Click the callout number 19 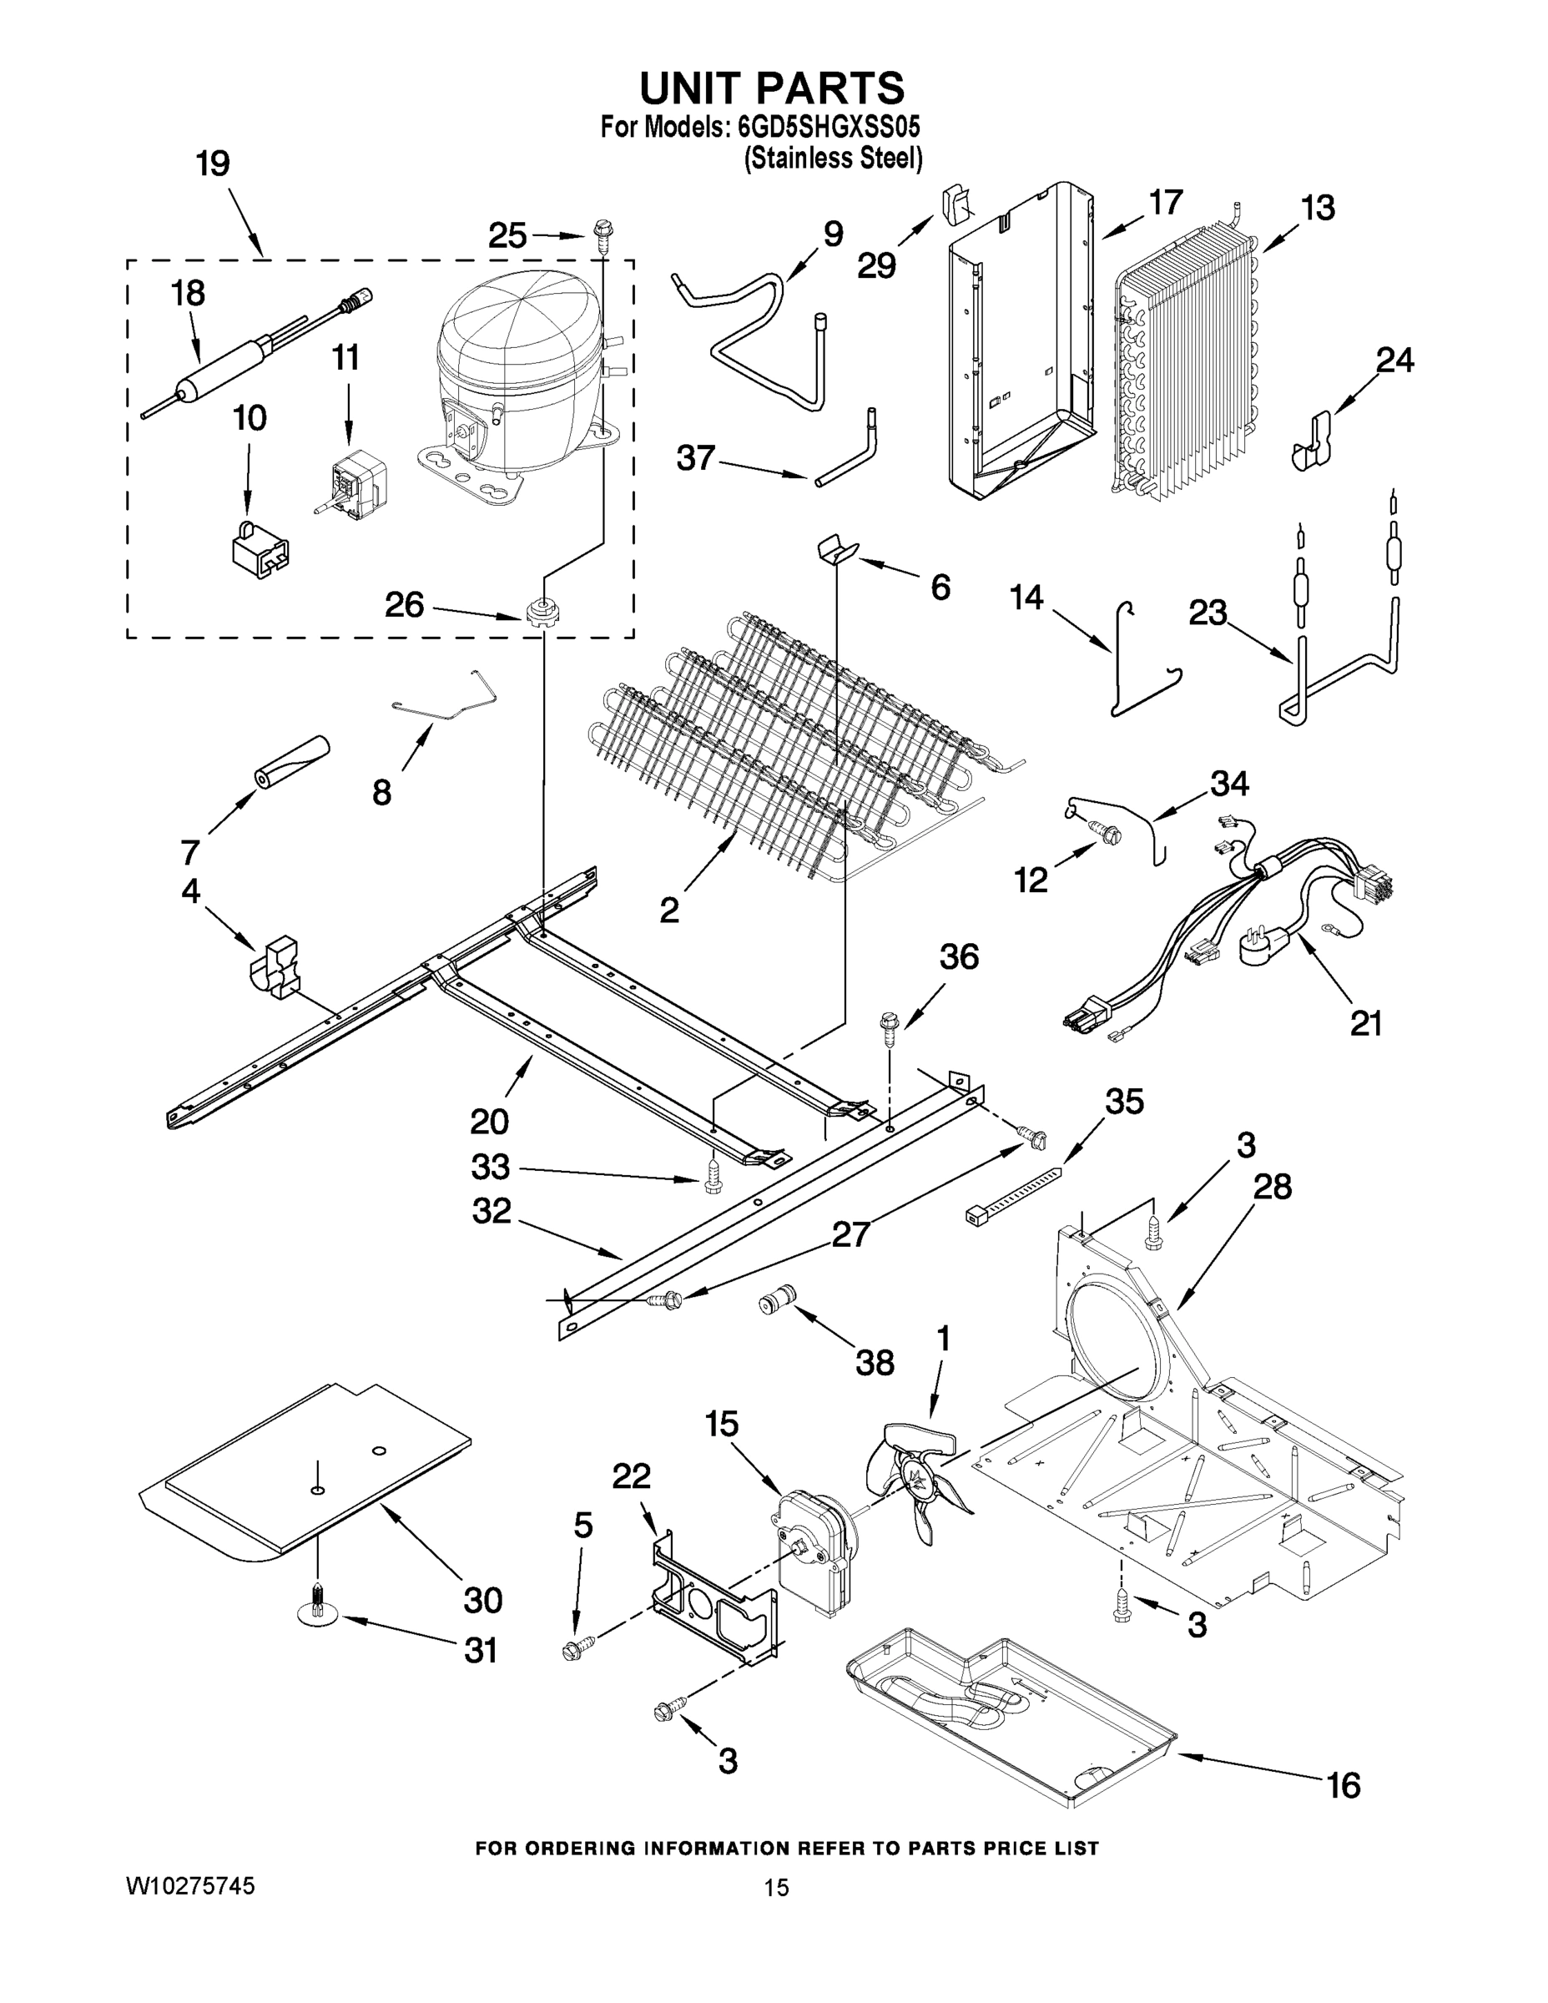213,164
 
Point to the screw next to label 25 603,234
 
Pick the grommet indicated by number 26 542,611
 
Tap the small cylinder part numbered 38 777,1302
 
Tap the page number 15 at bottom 776,1888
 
